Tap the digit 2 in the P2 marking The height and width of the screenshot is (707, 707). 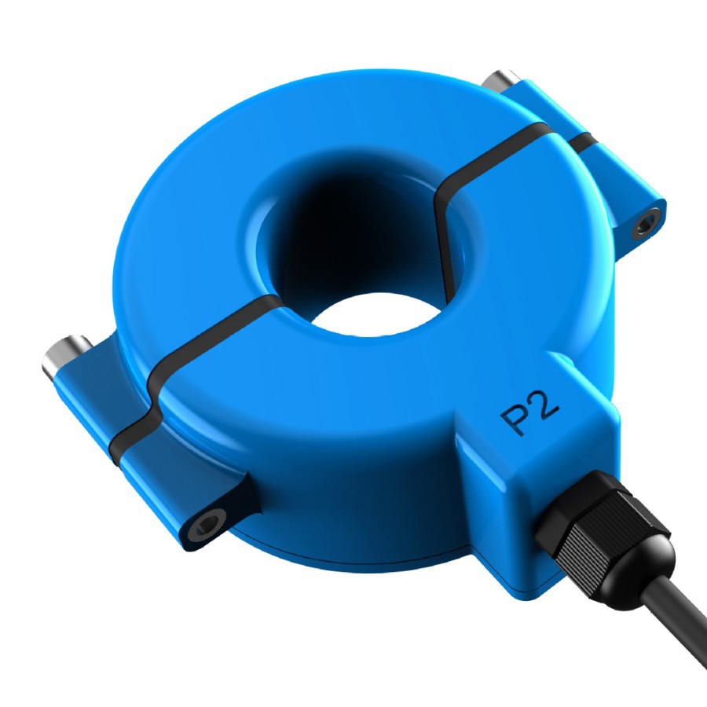pos(545,406)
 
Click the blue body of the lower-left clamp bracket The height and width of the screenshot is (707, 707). pos(157,487)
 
